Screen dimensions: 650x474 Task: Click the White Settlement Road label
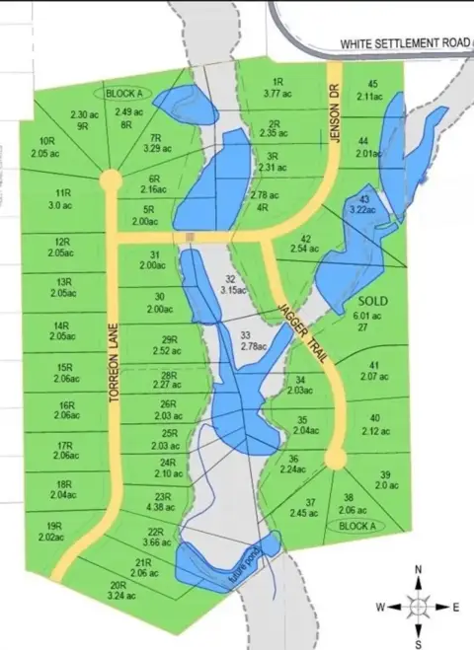(405, 44)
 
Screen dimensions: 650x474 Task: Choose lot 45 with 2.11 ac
(372, 91)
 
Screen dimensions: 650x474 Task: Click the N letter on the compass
(419, 570)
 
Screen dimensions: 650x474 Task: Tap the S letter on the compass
(419, 644)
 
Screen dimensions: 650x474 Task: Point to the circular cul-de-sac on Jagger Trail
(336, 460)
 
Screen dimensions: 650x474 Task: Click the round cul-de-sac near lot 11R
(110, 181)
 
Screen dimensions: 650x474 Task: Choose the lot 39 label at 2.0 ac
(385, 480)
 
